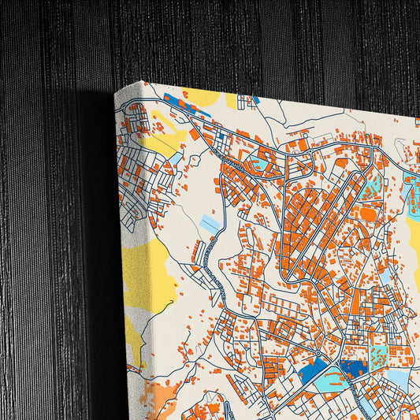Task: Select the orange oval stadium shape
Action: point(369,213)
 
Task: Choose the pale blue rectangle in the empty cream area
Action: point(210,224)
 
